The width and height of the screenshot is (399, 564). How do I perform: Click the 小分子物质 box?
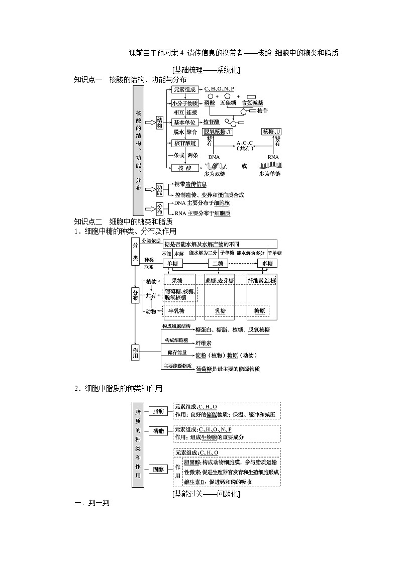[x=184, y=103]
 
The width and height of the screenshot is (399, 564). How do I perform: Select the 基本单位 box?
[x=185, y=122]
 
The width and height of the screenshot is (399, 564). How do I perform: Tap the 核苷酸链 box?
[x=184, y=143]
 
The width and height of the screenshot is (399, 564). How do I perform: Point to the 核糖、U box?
[x=272, y=132]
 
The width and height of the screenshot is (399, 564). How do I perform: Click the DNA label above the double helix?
[x=214, y=157]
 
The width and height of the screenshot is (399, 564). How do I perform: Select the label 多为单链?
[x=270, y=174]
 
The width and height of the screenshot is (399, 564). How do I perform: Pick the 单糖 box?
[x=174, y=264]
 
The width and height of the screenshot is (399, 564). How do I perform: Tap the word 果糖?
[x=177, y=281]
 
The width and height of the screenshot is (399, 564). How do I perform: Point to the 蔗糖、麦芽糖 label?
[x=220, y=281]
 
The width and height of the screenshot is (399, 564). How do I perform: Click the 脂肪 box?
[x=158, y=411]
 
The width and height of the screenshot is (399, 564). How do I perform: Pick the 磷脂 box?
[x=158, y=431]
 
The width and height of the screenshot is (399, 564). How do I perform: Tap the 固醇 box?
[x=158, y=469]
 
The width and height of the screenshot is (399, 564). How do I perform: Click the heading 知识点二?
[x=88, y=221]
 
